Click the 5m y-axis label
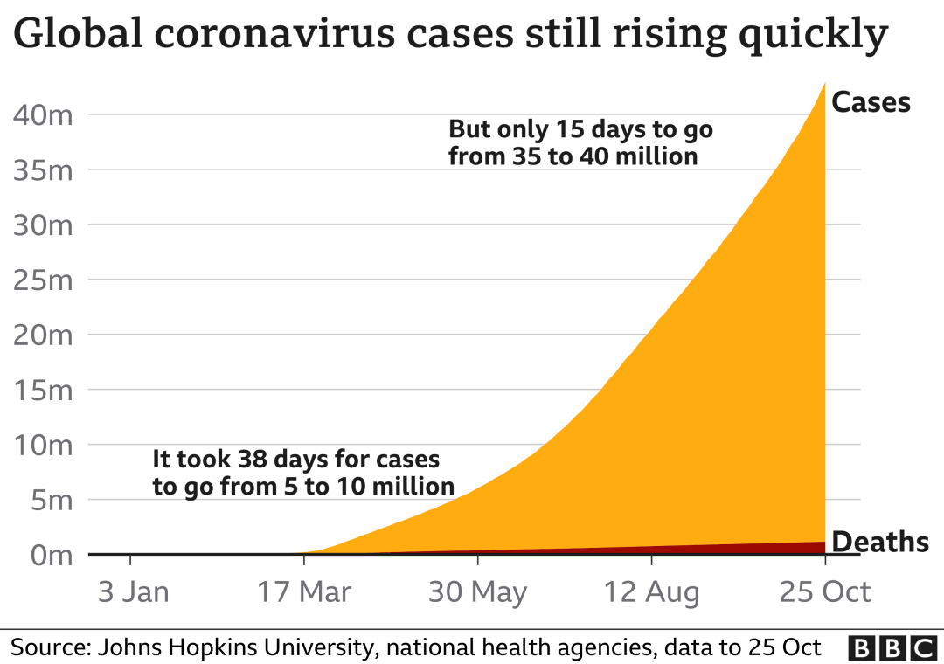[52, 501]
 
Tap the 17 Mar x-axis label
[303, 592]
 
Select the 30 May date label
[477, 592]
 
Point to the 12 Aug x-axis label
[651, 592]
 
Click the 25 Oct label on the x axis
[825, 592]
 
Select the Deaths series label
[879, 542]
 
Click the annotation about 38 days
[302, 473]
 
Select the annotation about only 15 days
[580, 142]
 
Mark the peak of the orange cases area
[825, 84]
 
